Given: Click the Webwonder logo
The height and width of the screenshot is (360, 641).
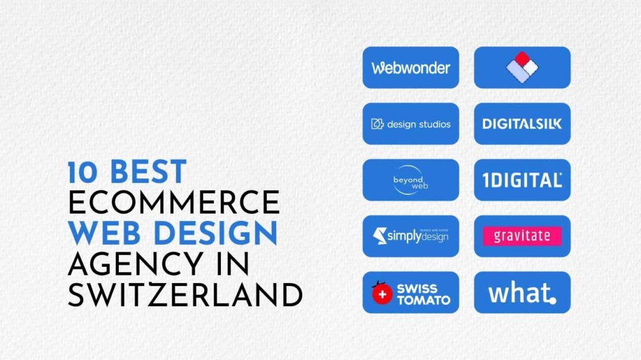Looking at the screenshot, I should (411, 68).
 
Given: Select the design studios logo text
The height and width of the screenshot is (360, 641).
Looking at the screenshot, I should (418, 124).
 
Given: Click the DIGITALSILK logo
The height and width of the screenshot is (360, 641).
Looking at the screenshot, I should (522, 124).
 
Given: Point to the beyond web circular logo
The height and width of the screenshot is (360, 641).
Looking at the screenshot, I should (411, 180).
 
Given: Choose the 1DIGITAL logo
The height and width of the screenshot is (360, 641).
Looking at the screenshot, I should (522, 180).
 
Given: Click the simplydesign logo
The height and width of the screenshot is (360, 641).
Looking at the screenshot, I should (411, 236).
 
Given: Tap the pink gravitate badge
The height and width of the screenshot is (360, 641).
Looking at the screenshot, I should (522, 236).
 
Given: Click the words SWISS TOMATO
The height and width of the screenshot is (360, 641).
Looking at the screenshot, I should (423, 294).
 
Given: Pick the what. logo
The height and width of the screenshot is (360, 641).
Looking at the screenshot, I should (522, 292).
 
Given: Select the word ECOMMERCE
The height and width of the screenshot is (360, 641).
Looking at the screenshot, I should (173, 202).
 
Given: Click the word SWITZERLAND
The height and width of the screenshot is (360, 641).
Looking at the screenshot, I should (185, 294).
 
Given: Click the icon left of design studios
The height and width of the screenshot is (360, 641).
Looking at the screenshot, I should (377, 124).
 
